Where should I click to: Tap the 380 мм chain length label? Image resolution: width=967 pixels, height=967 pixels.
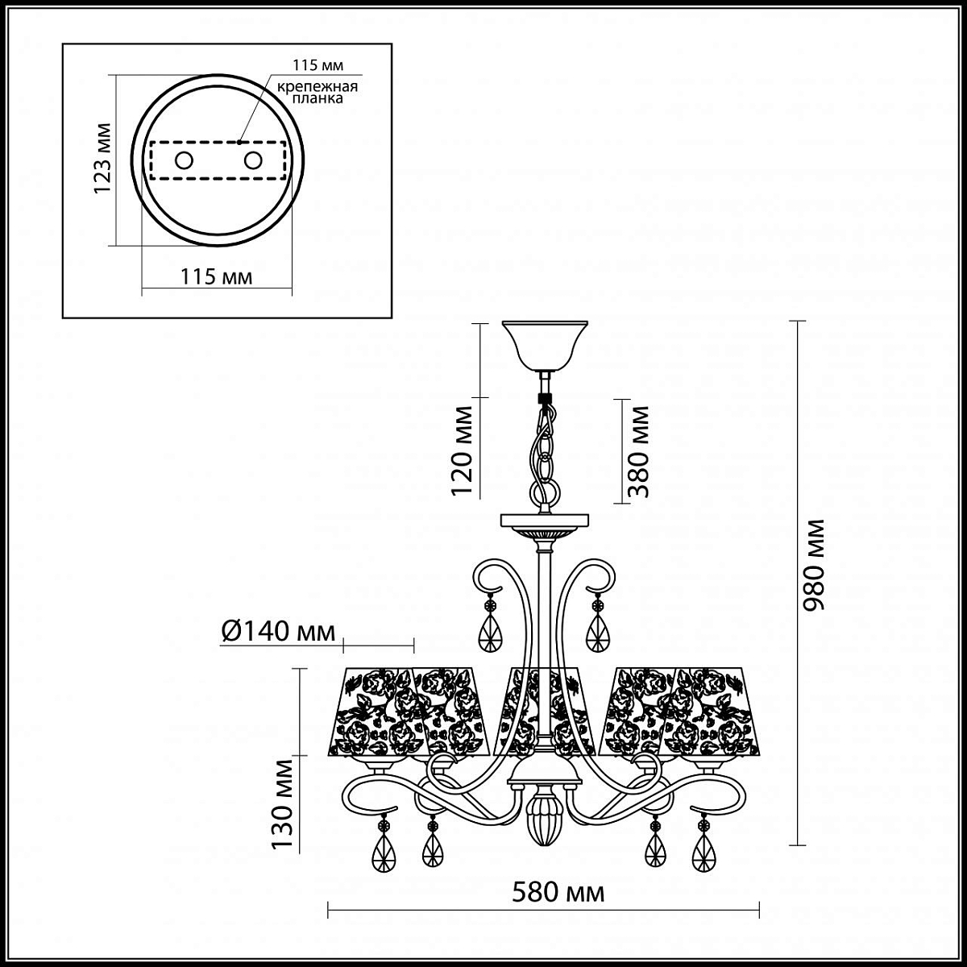638,451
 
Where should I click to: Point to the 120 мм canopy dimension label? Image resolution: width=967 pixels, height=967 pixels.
462,450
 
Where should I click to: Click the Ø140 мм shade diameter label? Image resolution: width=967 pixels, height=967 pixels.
278,631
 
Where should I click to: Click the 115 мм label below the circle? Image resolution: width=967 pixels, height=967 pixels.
216,276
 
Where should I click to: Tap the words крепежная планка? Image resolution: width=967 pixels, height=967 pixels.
318,93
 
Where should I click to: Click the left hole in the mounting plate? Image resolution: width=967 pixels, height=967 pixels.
184,160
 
